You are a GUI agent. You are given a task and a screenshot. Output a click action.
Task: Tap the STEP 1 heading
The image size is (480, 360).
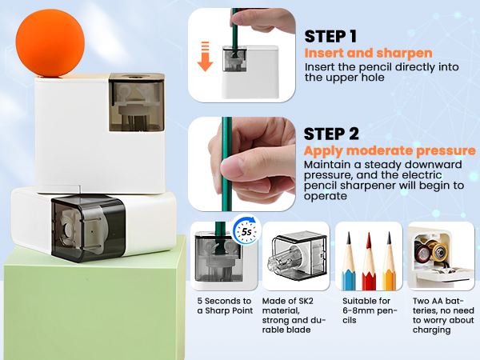(330, 37)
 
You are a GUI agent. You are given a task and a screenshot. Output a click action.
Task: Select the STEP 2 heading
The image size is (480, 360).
(331, 134)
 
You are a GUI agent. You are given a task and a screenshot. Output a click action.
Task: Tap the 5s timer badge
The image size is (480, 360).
(246, 233)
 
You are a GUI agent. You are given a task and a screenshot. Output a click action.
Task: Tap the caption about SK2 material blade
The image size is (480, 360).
(294, 315)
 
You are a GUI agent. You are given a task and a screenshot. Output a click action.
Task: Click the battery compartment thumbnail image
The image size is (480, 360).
(440, 257)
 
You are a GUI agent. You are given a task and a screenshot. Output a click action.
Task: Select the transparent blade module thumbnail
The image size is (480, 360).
(295, 257)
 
